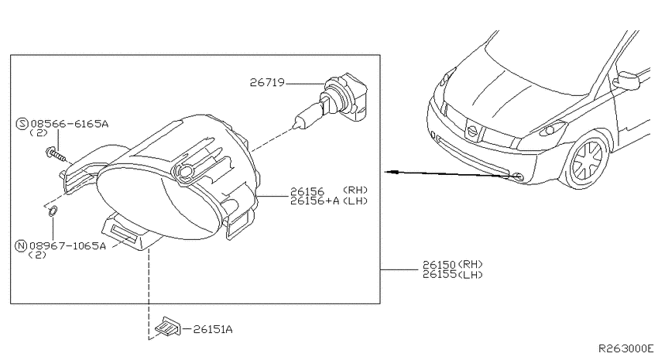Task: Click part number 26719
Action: (267, 82)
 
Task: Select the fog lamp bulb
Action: (331, 101)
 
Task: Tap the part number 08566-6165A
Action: (69, 124)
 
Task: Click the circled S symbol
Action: (22, 124)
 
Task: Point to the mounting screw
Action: (56, 154)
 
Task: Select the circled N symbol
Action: (21, 246)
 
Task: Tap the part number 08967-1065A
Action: (67, 246)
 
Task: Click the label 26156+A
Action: (315, 201)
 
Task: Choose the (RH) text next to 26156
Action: (355, 190)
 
